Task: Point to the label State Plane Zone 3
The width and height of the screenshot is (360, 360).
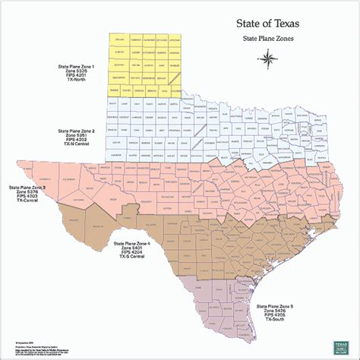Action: (x=27, y=187)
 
